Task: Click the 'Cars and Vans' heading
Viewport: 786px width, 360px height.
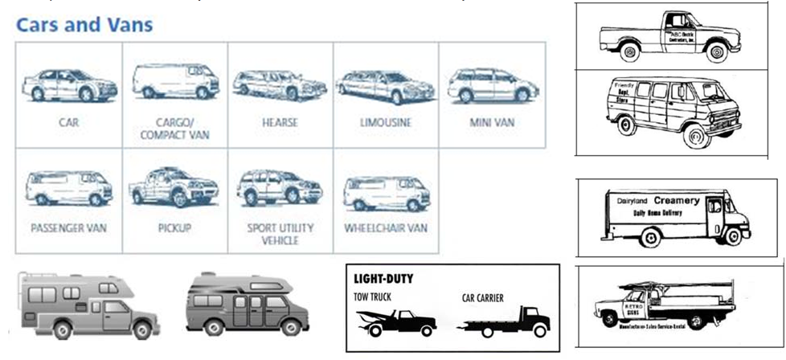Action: pyautogui.click(x=84, y=24)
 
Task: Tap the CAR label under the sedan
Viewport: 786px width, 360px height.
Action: pyautogui.click(x=68, y=123)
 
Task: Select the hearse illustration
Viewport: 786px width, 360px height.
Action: pyautogui.click(x=280, y=85)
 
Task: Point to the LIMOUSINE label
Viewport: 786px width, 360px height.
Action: pyautogui.click(x=385, y=123)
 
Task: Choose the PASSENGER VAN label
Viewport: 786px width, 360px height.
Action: pyautogui.click(x=68, y=228)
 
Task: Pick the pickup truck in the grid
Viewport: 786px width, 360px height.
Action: pyautogui.click(x=174, y=187)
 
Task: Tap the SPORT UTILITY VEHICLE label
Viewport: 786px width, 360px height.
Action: pyautogui.click(x=280, y=234)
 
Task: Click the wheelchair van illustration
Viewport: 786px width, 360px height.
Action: pyautogui.click(x=385, y=191)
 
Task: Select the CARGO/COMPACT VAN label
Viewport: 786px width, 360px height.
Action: pyautogui.click(x=174, y=129)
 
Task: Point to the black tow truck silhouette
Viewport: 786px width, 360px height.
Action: pyautogui.click(x=397, y=322)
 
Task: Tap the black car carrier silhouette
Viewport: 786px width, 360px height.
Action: pyautogui.click(x=504, y=322)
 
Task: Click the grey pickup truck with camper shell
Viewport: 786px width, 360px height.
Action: pyautogui.click(x=88, y=305)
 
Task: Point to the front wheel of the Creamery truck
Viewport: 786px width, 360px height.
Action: pyautogui.click(x=732, y=236)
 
